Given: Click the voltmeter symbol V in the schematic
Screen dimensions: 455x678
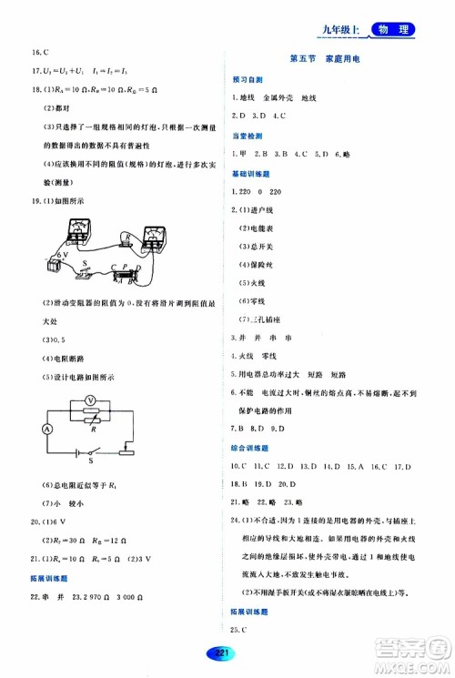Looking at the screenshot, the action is click(x=89, y=400).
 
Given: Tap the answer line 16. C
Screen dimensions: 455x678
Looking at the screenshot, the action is click(x=39, y=53).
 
